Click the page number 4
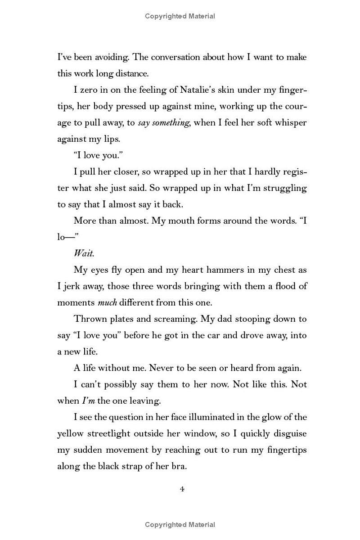[182, 489]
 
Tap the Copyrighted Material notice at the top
[180, 16]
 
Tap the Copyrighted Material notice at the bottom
[180, 524]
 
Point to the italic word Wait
[84, 253]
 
